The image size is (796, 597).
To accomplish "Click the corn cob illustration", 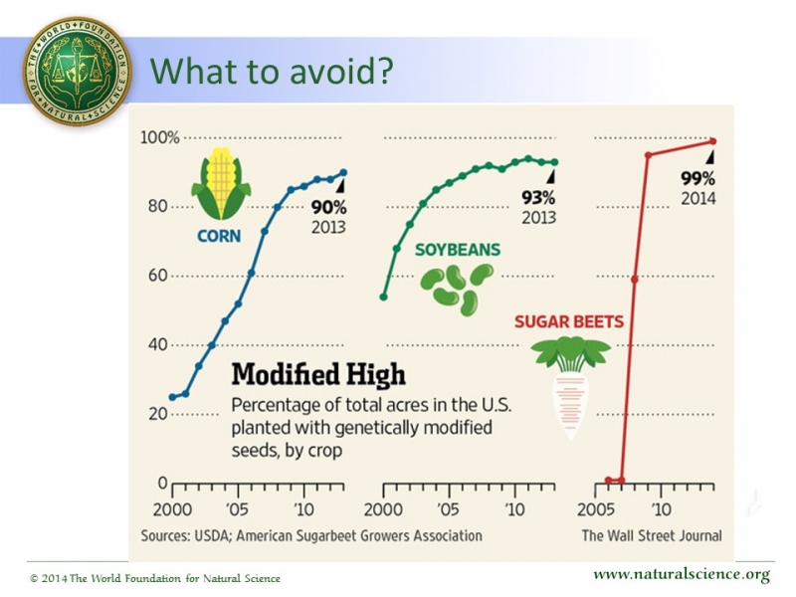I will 221,184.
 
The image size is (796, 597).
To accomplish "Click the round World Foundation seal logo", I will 77,72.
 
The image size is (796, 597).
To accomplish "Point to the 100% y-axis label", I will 159,137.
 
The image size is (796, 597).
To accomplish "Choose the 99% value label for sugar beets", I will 697,179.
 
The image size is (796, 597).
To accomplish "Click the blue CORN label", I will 221,237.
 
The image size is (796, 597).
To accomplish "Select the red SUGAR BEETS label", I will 569,321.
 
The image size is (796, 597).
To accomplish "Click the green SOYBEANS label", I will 458,250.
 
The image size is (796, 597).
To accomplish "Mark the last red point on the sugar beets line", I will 713,141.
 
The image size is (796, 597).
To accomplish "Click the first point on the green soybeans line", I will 384,297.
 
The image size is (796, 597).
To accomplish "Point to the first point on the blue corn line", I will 173,397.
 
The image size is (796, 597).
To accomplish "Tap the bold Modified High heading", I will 317,374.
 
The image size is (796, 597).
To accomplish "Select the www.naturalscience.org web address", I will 682,575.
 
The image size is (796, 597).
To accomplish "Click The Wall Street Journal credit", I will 652,535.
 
